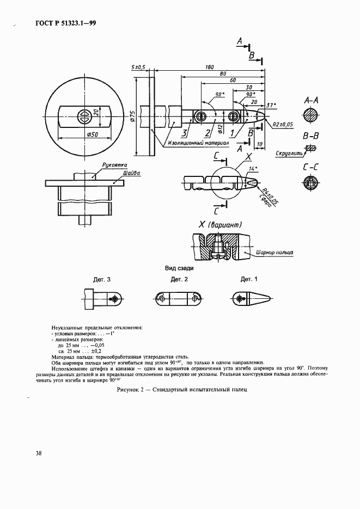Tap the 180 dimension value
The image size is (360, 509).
tap(209, 68)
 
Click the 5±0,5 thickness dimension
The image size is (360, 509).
tap(138, 67)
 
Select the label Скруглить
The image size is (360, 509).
tap(288, 154)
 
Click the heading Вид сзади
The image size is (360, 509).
tap(179, 268)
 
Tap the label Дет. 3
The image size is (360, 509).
tap(102, 279)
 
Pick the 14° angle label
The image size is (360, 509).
tap(252, 169)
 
